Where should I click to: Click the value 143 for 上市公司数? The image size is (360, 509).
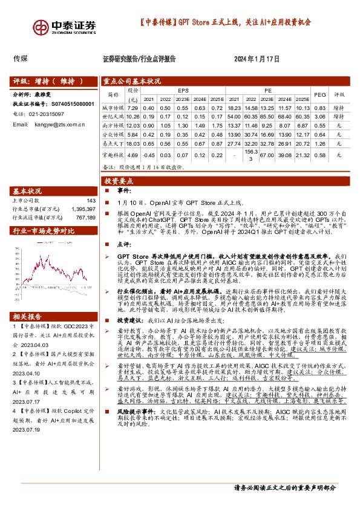[91, 201]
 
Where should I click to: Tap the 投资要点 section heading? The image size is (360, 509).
[118, 181]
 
